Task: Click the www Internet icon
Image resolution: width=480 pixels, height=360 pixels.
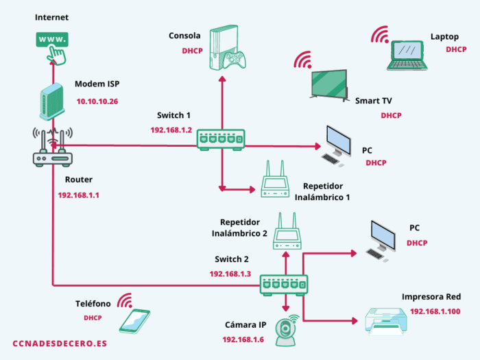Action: [x=52, y=48]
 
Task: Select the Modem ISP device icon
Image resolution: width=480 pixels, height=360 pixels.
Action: [x=51, y=101]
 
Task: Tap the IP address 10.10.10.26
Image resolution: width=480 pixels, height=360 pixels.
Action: [x=97, y=101]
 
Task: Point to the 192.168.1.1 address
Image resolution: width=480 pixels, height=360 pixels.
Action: [x=79, y=195]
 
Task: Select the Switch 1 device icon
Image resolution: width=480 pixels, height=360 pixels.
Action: [x=221, y=140]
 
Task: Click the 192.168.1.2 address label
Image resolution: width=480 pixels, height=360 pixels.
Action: [x=171, y=130]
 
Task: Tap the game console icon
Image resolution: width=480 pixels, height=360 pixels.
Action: [x=228, y=47]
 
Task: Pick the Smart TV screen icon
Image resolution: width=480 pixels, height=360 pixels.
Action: [x=329, y=85]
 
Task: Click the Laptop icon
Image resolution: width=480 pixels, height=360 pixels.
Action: [x=407, y=56]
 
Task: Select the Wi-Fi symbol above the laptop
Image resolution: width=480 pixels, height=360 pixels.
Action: [x=380, y=34]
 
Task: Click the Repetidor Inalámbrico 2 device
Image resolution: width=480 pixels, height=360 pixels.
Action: [x=287, y=231]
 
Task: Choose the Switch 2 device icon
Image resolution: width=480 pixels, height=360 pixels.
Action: [x=284, y=285]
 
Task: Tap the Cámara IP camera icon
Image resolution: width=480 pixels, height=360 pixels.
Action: [x=286, y=331]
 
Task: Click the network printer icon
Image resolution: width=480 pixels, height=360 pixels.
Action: [x=386, y=321]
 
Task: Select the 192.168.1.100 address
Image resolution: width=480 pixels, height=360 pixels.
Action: [x=435, y=311]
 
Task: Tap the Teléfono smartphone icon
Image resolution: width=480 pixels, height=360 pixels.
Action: [x=134, y=321]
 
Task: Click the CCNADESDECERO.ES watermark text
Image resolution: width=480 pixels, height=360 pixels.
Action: [x=60, y=344]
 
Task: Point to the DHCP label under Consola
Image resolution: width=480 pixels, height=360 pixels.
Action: [x=192, y=51]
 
